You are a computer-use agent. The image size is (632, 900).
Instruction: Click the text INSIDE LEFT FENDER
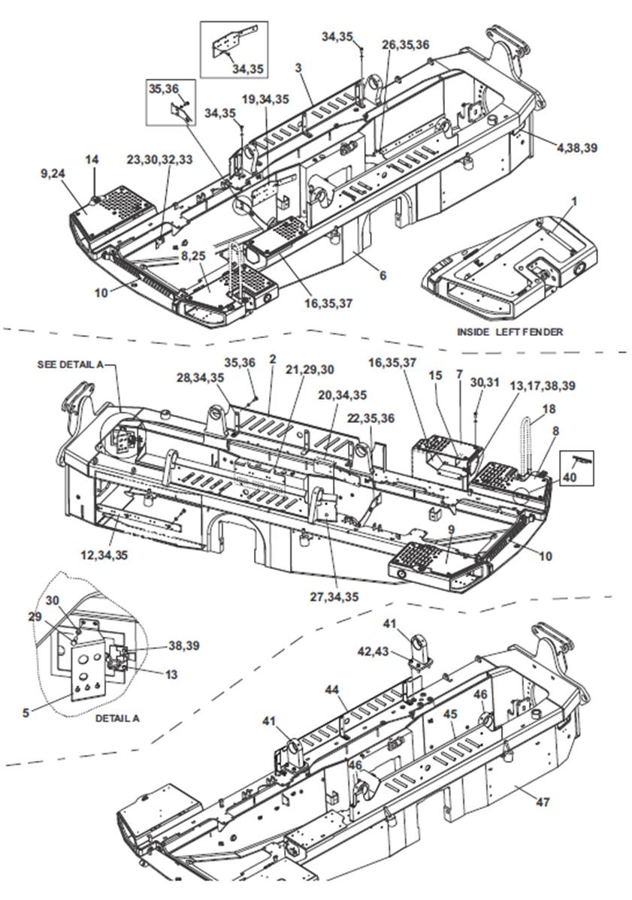(510, 331)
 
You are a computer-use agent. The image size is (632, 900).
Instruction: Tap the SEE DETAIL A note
(71, 364)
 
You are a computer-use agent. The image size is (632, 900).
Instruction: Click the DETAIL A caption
(117, 717)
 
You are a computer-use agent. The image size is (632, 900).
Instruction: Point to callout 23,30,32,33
(159, 159)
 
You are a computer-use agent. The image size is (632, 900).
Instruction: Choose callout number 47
(543, 802)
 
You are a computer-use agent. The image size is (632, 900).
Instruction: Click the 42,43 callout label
(373, 651)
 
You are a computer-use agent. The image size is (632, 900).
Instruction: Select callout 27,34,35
(334, 597)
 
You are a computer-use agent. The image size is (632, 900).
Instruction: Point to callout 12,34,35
(104, 555)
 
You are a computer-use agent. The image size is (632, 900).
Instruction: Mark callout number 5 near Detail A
(26, 712)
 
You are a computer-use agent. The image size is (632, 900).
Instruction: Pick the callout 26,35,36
(406, 45)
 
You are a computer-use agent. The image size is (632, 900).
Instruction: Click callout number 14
(92, 159)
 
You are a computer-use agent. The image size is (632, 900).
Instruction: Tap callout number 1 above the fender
(575, 201)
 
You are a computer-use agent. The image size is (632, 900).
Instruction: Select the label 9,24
(53, 174)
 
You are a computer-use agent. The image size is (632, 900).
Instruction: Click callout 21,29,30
(310, 370)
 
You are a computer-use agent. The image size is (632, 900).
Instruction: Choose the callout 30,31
(485, 382)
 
